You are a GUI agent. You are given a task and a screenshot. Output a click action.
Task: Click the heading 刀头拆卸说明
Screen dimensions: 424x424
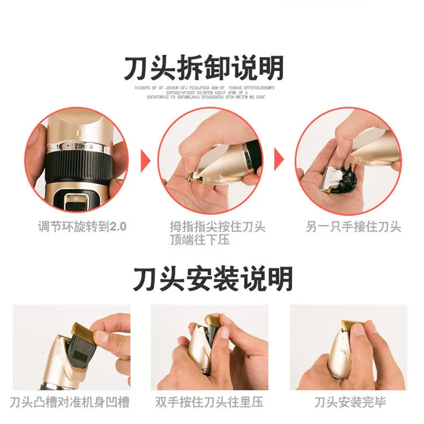204,68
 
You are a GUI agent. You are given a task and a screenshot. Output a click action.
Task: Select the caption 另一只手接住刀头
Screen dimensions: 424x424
353,227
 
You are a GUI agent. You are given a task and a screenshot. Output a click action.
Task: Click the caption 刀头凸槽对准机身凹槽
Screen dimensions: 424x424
70,403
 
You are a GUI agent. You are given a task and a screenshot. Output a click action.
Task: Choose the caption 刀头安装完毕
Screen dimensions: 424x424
351,403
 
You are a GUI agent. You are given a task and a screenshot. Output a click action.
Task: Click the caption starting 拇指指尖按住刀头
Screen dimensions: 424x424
218,233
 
